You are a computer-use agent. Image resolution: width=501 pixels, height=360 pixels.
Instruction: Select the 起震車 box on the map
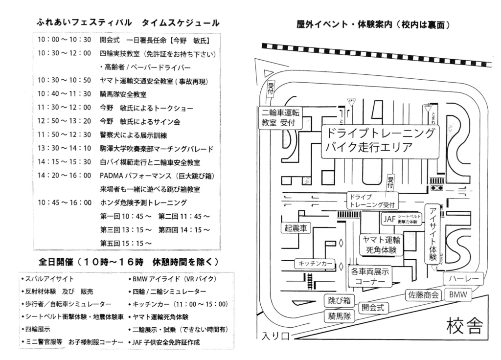pyautogui.click(x=297, y=228)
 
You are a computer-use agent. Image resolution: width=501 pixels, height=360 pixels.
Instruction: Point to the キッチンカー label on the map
pyautogui.click(x=315, y=264)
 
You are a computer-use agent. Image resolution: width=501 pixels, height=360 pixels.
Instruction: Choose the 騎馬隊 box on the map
pyautogui.click(x=341, y=317)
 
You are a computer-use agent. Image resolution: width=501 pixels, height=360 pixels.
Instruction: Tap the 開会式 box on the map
pyautogui.click(x=373, y=308)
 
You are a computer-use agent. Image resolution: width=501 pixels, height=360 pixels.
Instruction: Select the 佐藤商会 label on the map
pyautogui.click(x=423, y=295)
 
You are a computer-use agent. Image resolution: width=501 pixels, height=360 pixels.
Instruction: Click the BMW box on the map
pyautogui.click(x=458, y=294)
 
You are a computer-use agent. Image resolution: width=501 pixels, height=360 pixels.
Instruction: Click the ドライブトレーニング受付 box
pyautogui.click(x=371, y=201)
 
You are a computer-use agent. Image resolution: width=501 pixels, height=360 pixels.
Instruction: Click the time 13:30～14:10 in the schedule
pyautogui.click(x=64, y=149)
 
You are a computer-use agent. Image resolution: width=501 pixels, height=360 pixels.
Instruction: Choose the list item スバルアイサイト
pyautogui.click(x=49, y=279)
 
